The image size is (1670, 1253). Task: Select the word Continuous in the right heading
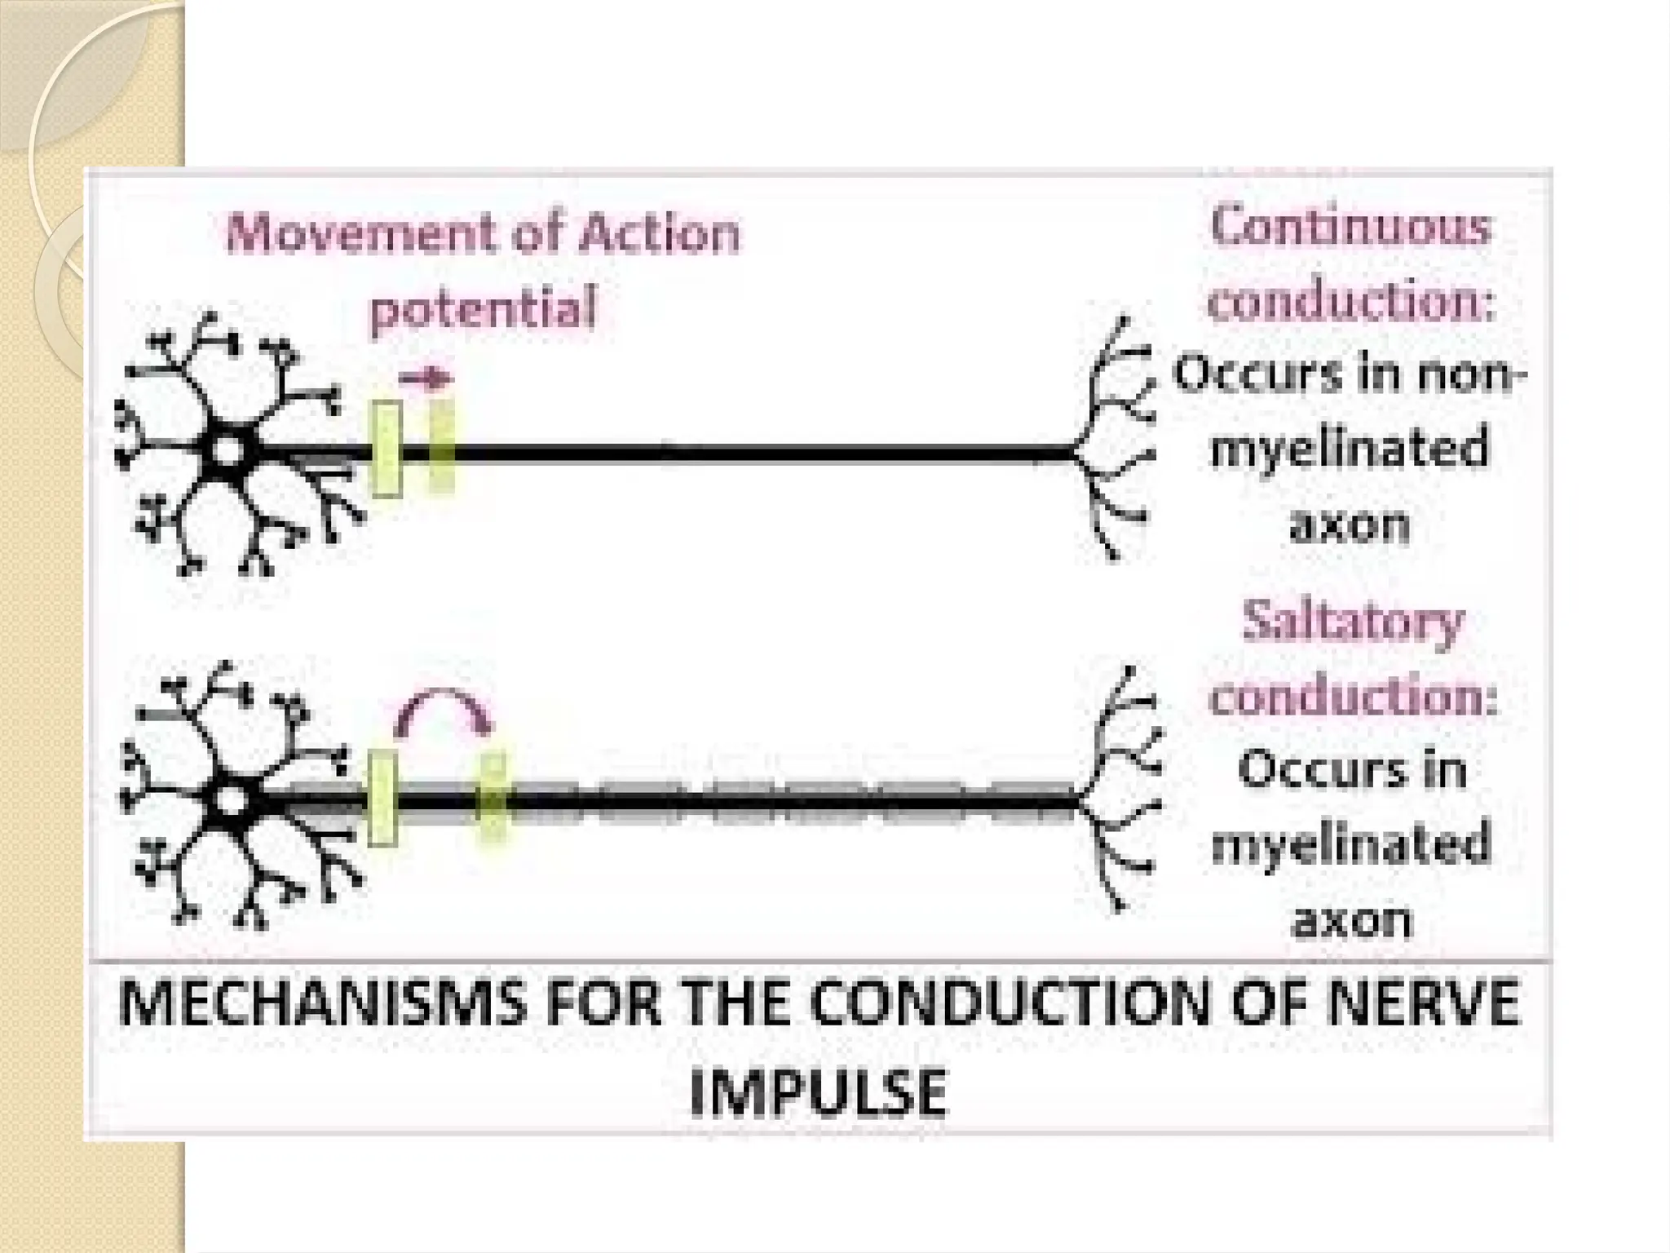[x=1350, y=226]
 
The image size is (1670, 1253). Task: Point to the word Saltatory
[x=1353, y=622]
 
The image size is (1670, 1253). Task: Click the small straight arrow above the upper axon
[x=425, y=379]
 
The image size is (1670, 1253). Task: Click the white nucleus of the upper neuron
[x=228, y=449]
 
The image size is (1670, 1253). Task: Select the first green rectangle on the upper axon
[x=387, y=449]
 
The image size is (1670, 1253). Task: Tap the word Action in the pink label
[x=659, y=233]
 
